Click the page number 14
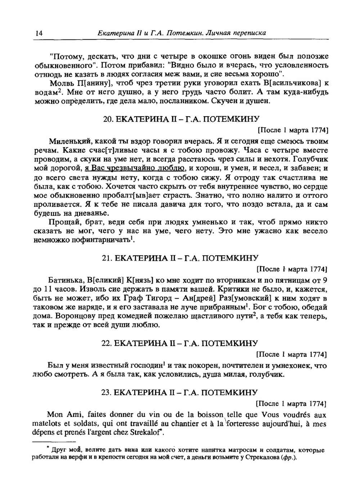click(x=39, y=33)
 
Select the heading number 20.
click(x=107, y=119)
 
